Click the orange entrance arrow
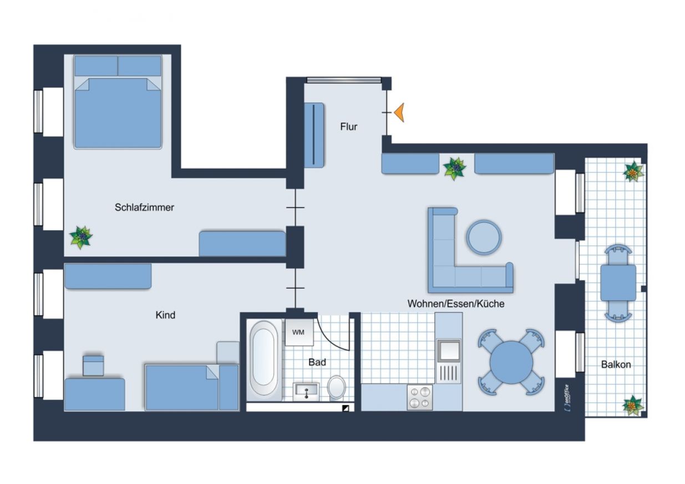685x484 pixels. pos(400,113)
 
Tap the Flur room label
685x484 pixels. pos(349,127)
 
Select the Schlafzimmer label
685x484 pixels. pos(144,207)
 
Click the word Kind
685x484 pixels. pos(165,315)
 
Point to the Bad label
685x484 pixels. pos(317,362)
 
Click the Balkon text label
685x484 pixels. pos(616,364)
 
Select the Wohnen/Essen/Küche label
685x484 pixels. pos(456,304)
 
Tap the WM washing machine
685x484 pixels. pos(299,332)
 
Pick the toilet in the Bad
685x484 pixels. pos(336,387)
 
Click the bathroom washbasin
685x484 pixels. pos(306,391)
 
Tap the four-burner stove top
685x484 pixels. pos(419,397)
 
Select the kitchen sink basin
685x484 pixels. pos(449,351)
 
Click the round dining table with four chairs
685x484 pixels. pos(511,362)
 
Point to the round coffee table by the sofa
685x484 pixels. pos(484,237)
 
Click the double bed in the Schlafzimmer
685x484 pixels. pos(118,102)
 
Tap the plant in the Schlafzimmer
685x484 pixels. pos(81,237)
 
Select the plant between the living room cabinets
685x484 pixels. pos(455,168)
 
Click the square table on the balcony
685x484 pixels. pos(618,283)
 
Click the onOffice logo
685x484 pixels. pos(567,398)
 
